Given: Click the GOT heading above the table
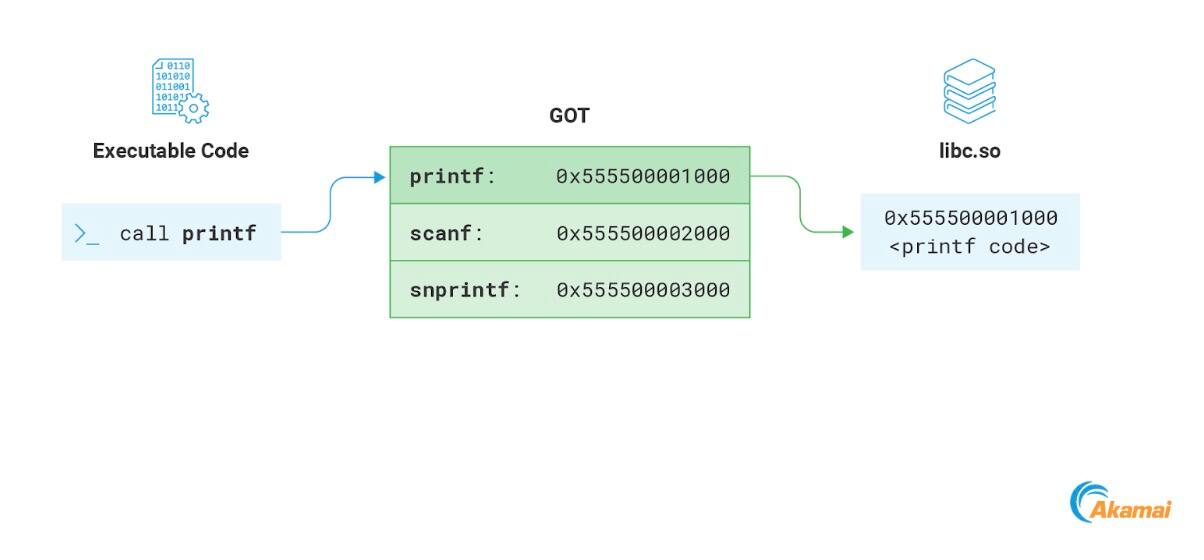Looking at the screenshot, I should click(x=569, y=116).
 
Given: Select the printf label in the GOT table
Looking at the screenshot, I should click(x=447, y=176).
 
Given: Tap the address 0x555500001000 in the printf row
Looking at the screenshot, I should click(x=643, y=176).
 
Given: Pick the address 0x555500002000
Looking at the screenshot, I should click(x=643, y=233).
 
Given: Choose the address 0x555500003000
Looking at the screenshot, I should click(x=643, y=290).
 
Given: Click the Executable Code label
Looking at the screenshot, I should click(x=171, y=151).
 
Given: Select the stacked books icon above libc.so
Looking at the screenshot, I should click(x=969, y=90).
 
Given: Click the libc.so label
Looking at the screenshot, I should click(x=969, y=151).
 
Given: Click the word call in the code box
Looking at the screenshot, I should click(x=145, y=233).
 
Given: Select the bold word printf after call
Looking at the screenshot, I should click(x=219, y=234).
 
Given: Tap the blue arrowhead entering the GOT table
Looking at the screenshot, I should click(x=379, y=178).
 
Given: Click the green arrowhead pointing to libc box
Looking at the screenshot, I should click(x=848, y=232).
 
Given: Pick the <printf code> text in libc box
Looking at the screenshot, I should click(x=970, y=247).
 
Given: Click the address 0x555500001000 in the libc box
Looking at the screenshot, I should click(x=970, y=218).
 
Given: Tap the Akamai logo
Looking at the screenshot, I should click(x=1120, y=503).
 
